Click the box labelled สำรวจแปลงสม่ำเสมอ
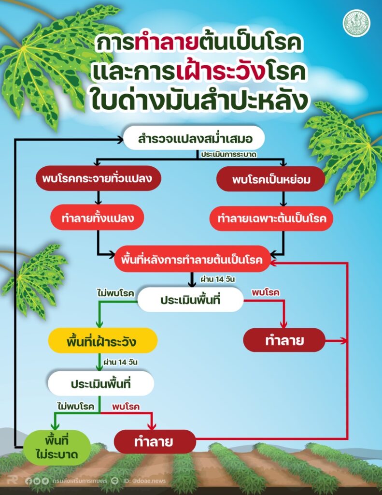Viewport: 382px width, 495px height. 194,138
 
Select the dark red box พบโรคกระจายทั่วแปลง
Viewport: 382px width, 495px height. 98,178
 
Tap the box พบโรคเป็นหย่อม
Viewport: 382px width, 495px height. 270,179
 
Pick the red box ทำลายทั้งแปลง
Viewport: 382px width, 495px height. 98,218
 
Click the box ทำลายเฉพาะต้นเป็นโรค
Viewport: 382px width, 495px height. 271,218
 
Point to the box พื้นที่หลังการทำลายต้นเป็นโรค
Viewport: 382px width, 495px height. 192,260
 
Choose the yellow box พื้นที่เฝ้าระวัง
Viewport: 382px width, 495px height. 102,341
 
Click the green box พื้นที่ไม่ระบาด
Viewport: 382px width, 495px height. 57,448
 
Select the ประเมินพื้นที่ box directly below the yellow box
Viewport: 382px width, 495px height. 101,383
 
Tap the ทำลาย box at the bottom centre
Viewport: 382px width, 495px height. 155,441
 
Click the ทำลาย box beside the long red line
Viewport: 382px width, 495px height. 284,340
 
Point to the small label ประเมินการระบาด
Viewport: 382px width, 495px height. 229,155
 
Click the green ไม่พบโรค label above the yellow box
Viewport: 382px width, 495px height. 116,293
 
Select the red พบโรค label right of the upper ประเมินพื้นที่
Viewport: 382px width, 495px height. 265,292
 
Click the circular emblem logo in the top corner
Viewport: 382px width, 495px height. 357,23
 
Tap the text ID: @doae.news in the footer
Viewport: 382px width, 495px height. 144,481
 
